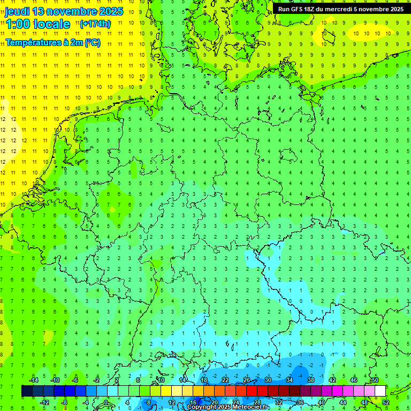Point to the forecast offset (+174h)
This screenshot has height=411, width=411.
click(x=95, y=24)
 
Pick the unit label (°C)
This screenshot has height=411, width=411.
click(x=92, y=43)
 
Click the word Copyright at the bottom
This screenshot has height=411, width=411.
click(x=202, y=407)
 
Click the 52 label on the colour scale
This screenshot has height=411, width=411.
click(x=386, y=402)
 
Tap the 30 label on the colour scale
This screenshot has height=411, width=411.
click(x=268, y=380)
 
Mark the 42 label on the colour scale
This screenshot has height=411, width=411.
click(x=332, y=380)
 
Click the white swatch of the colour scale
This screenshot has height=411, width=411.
click(x=380, y=391)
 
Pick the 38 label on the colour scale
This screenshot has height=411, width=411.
click(x=311, y=380)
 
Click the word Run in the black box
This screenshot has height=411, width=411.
click(x=285, y=9)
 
